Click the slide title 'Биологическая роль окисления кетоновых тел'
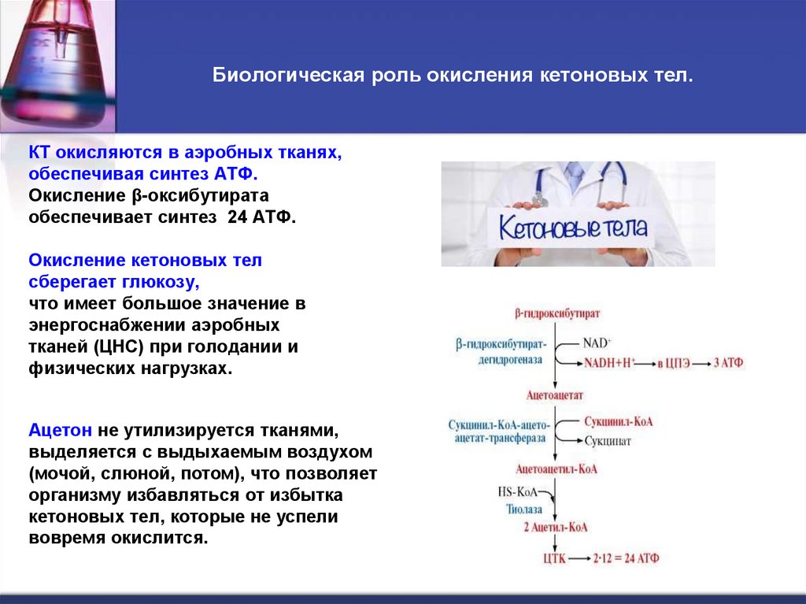pyautogui.click(x=454, y=77)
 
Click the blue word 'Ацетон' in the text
pyautogui.click(x=62, y=431)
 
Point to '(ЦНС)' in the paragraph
pyautogui.click(x=120, y=346)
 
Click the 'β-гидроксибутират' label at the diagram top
pyautogui.click(x=557, y=313)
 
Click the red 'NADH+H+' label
pyautogui.click(x=609, y=362)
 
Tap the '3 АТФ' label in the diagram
pyautogui.click(x=729, y=362)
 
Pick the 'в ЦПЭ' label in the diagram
pyautogui.click(x=678, y=362)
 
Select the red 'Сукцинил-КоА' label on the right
pyautogui.click(x=617, y=422)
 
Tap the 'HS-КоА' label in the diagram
pyautogui.click(x=516, y=491)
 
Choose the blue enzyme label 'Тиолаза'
pyautogui.click(x=523, y=509)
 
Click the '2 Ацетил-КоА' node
pyautogui.click(x=556, y=527)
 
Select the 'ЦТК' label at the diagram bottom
pyautogui.click(x=554, y=558)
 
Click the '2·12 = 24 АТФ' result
pyautogui.click(x=627, y=558)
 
